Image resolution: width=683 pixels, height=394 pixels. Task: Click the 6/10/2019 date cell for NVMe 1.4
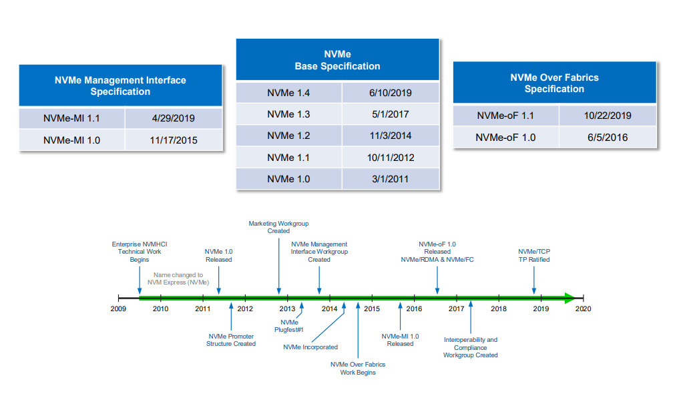click(391, 93)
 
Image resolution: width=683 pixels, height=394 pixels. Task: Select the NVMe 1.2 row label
click(288, 136)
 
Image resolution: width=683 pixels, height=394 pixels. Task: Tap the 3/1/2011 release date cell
click(391, 178)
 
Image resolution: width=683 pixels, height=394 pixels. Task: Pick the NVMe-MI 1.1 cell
click(71, 118)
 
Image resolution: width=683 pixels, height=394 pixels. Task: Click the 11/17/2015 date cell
click(174, 140)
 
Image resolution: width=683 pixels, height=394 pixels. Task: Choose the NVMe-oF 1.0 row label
click(505, 138)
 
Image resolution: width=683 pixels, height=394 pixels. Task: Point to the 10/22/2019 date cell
click(608, 116)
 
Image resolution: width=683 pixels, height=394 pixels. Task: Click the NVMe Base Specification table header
click(337, 60)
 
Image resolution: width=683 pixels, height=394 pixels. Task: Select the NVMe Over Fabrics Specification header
click(554, 83)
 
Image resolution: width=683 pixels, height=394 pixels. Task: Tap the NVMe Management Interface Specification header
click(120, 85)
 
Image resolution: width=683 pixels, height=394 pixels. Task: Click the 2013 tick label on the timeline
click(287, 309)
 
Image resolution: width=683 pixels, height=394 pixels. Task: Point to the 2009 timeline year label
click(118, 309)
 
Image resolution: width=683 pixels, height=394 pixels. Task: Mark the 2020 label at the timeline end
click(583, 309)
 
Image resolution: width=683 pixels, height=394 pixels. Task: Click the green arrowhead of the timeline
click(569, 298)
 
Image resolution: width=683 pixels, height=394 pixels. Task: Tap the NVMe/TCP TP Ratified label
click(534, 255)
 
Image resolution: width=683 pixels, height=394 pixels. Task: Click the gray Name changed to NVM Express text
click(178, 278)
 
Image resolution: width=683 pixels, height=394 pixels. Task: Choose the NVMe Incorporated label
click(310, 347)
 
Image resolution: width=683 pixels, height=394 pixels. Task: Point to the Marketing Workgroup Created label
click(278, 227)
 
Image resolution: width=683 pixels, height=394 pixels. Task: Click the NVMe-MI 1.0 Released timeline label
click(400, 340)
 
